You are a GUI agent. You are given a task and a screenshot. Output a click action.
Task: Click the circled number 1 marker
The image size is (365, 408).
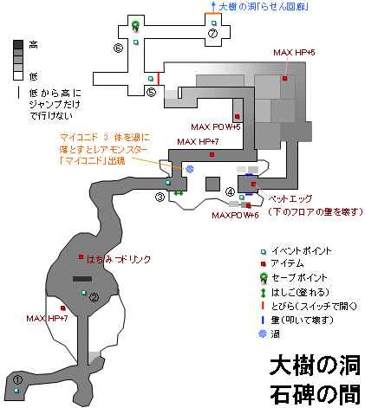[16, 379]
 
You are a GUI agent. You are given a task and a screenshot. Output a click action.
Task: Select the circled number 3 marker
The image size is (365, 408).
[160, 197]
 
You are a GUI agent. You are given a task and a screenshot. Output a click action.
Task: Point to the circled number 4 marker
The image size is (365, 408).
[230, 191]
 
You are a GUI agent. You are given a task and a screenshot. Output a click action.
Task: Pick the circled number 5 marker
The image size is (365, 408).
[151, 92]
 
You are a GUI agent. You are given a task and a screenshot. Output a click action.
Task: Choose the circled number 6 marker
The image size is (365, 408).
[119, 49]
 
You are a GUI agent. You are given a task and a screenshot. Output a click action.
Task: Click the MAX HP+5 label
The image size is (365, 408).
[294, 53]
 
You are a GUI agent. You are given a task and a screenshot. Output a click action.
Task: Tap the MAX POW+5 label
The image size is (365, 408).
[220, 126]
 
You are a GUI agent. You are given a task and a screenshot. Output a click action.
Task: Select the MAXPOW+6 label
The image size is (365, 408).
[235, 215]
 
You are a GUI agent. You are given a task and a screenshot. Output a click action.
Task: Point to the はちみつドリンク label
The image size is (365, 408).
[120, 258]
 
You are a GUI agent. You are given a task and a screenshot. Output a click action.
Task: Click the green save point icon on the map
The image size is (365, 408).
[136, 24]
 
